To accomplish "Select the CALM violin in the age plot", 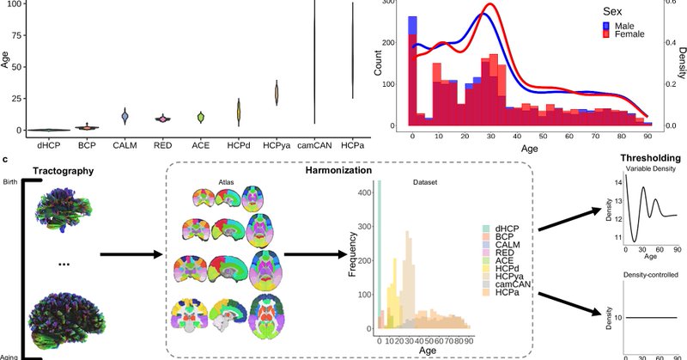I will tap(125, 116).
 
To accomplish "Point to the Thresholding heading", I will tap(649, 158).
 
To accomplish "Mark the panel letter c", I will tap(7, 158).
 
